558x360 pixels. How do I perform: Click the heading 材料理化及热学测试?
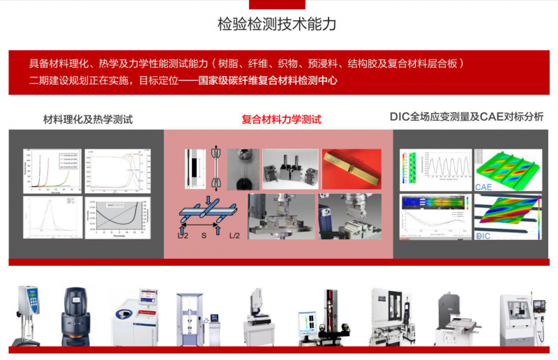[88, 119]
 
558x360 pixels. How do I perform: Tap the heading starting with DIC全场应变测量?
[467, 117]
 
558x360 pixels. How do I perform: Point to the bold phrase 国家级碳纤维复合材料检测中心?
[268, 80]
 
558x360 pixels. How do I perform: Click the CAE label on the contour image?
[483, 187]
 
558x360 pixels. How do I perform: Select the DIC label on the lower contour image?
[484, 237]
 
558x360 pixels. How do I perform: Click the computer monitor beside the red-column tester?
[307, 324]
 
